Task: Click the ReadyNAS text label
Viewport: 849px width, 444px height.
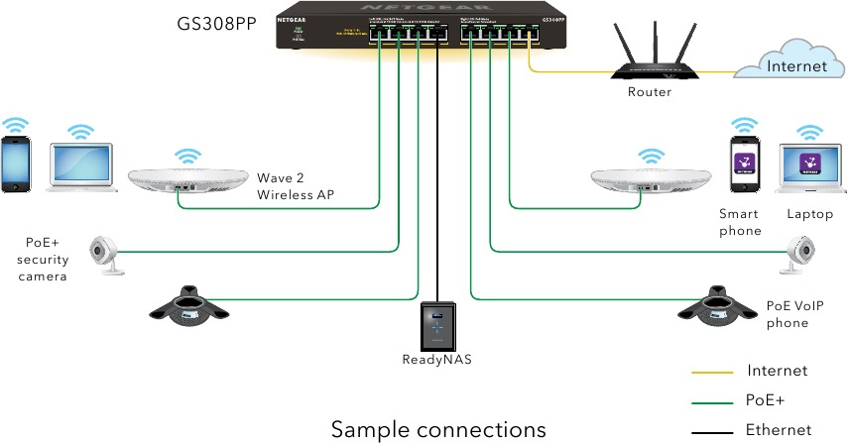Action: [437, 360]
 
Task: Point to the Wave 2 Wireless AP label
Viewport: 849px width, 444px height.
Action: [296, 186]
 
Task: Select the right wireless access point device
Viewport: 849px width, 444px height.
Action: [651, 179]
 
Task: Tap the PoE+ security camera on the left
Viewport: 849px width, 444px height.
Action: [106, 253]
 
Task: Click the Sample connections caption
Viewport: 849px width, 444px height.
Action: [437, 429]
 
